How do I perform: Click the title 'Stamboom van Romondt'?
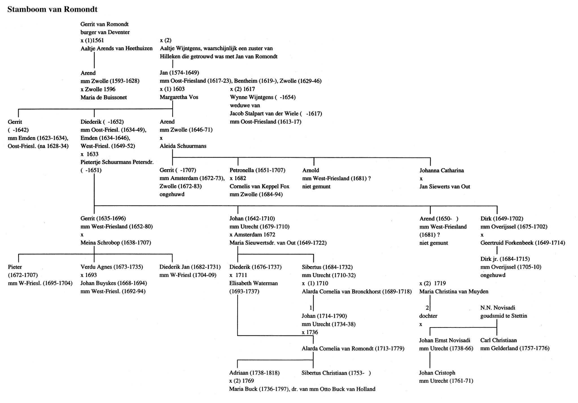(52, 10)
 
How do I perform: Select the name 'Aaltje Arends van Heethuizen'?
(117, 48)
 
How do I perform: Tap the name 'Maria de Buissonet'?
(104, 98)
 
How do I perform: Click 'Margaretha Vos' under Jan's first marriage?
(179, 97)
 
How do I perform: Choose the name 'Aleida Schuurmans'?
(183, 146)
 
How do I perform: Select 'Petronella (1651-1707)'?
(257, 170)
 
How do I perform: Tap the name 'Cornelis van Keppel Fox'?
(259, 186)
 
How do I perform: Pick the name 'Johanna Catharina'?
(441, 170)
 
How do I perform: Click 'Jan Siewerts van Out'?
(445, 187)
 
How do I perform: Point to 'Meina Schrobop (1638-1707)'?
(116, 243)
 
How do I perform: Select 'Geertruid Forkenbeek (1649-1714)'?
(523, 243)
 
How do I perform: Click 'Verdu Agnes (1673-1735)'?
(112, 267)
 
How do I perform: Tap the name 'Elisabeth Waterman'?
(253, 283)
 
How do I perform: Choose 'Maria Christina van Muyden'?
(454, 291)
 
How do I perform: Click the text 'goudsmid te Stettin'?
(503, 316)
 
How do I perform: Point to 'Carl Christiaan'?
(498, 340)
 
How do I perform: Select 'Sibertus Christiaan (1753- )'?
(336, 373)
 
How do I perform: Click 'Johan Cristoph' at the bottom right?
(437, 373)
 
